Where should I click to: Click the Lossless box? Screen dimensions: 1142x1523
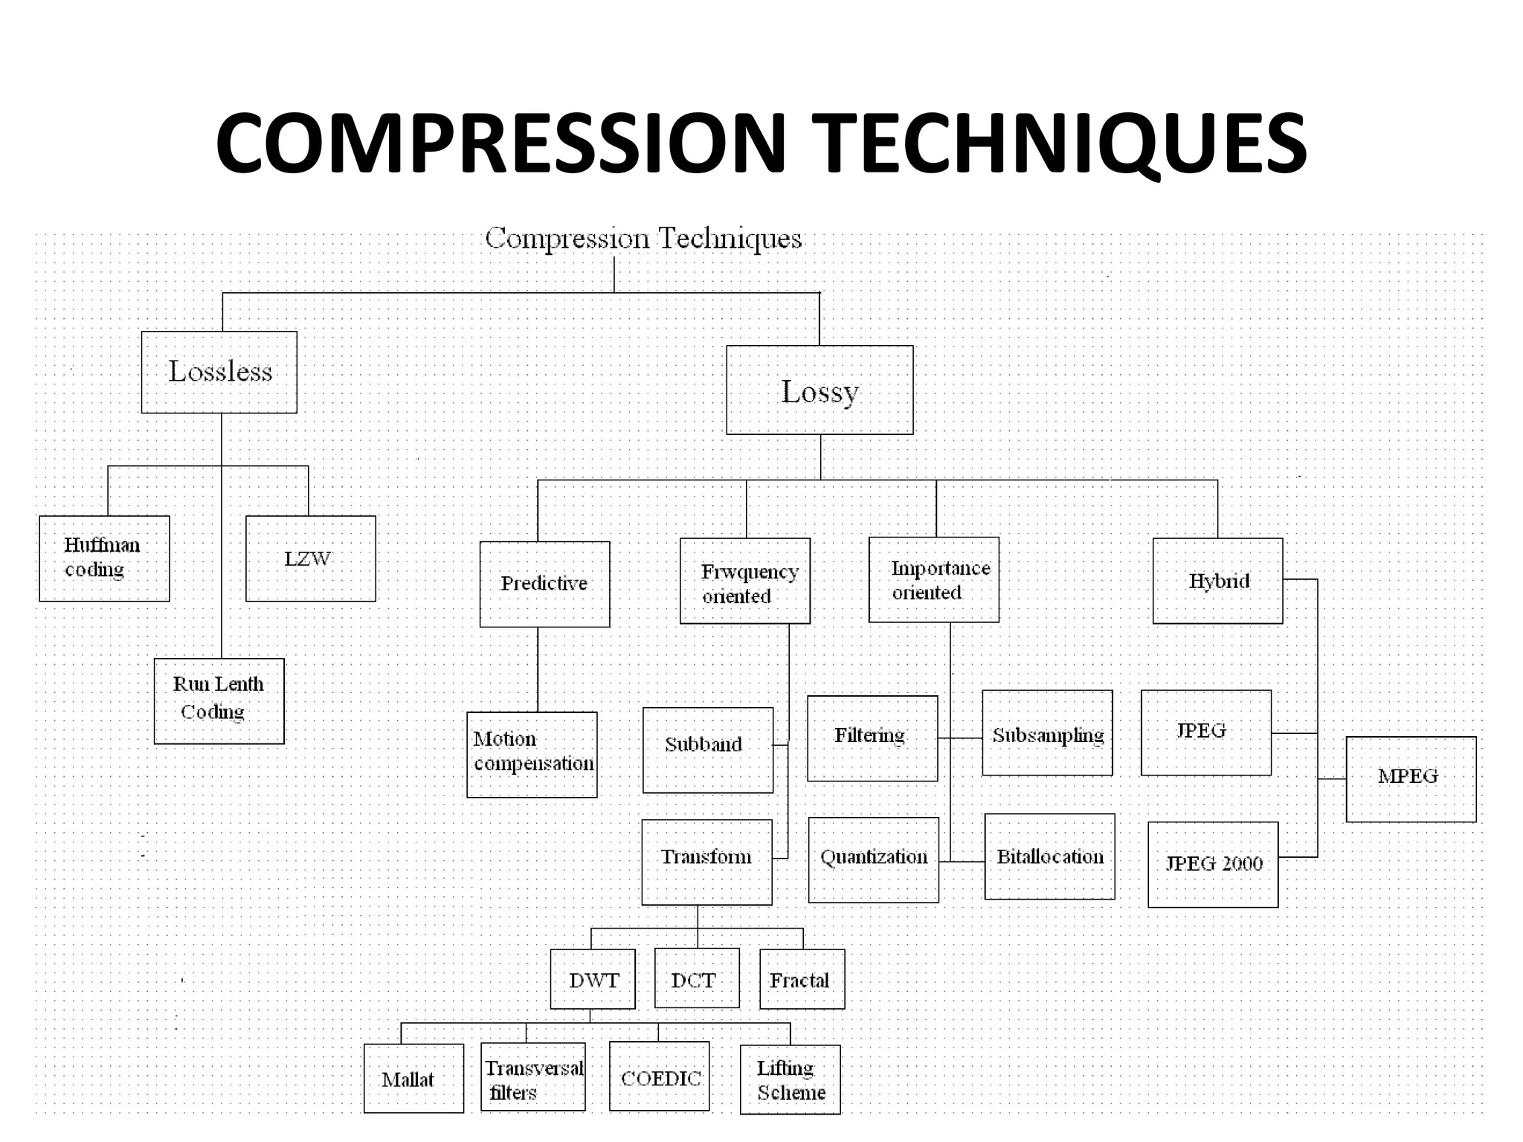(219, 372)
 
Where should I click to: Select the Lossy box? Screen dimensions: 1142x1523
(820, 390)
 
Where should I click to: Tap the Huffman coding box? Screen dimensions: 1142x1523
(104, 558)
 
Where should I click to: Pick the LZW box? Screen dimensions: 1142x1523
(311, 558)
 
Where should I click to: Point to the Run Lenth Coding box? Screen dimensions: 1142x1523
(219, 700)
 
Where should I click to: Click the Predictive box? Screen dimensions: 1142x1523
(544, 584)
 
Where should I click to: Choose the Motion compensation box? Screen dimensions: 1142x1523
(532, 754)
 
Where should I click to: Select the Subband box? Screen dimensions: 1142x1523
(707, 749)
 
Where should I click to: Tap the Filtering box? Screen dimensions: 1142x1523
(872, 738)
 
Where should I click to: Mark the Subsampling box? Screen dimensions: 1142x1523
(1047, 732)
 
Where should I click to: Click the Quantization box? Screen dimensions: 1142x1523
(873, 859)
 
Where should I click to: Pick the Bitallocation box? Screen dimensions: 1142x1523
(1049, 856)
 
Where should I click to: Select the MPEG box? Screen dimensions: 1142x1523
(1411, 778)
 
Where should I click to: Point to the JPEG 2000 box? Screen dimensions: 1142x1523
(1213, 864)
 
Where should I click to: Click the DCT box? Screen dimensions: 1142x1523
(697, 978)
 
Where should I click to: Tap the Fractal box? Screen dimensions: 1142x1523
(802, 979)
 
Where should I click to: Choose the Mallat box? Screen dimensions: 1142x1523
(413, 1078)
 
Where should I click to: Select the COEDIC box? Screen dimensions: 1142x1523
(659, 1076)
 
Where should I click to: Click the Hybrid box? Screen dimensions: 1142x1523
(1217, 581)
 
